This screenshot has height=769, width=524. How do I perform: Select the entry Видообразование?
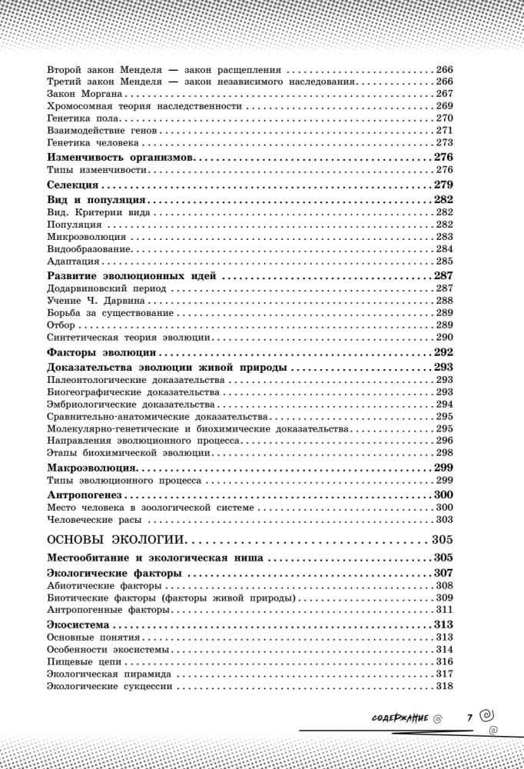[x=89, y=249]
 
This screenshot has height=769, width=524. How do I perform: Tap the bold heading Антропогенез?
[x=86, y=494]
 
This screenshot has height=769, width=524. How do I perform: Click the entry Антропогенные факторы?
[x=108, y=610]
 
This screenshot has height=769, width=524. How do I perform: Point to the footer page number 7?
[x=469, y=717]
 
